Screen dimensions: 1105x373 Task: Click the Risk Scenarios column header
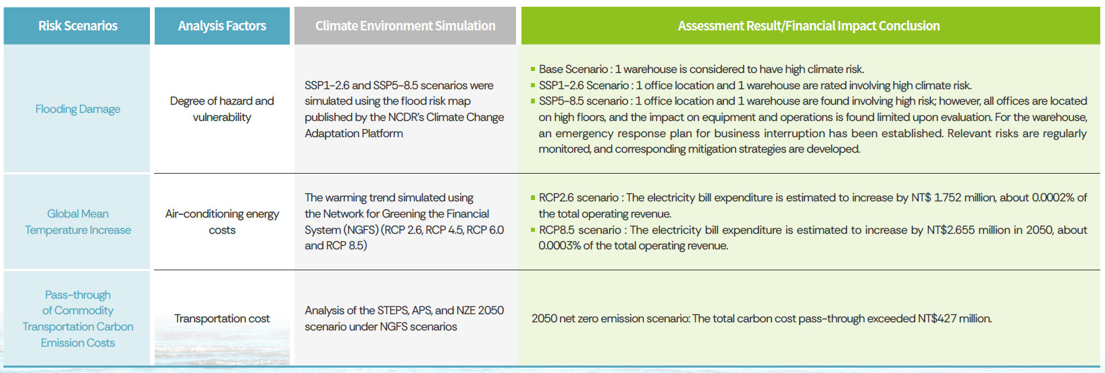click(x=78, y=26)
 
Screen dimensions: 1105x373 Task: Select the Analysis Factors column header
click(x=222, y=26)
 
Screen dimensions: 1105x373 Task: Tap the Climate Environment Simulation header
click(x=405, y=26)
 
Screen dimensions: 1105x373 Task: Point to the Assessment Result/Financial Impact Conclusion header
click(x=808, y=26)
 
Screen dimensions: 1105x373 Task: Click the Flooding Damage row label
click(x=78, y=109)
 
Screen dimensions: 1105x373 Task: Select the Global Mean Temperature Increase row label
click(x=78, y=222)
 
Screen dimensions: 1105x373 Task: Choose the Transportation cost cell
click(x=222, y=318)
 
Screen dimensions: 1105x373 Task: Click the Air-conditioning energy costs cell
click(x=222, y=222)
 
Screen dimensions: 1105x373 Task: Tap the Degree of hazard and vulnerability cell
click(x=222, y=109)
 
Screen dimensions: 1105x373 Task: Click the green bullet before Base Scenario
click(x=533, y=69)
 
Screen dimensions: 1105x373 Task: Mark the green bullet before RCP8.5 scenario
click(x=533, y=230)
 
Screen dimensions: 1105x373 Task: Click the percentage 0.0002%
click(x=1053, y=198)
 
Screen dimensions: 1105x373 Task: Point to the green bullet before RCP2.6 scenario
click(x=533, y=198)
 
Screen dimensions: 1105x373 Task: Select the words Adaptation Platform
click(x=354, y=134)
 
